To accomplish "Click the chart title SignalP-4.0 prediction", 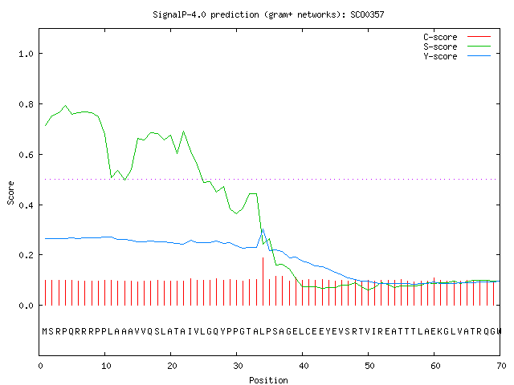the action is click(206, 14).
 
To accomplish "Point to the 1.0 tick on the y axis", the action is click(27, 54).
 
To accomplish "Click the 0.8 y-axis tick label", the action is click(27, 104).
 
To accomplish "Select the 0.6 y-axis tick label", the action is click(27, 155).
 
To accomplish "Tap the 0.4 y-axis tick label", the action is click(27, 205).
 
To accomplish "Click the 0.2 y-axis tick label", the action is click(27, 255).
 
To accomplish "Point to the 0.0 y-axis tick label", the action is click(27, 306).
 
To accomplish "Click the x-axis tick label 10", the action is click(106, 366).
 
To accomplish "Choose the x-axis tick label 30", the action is click(238, 366).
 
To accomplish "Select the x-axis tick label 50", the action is click(369, 366).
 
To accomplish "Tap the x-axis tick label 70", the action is click(501, 366).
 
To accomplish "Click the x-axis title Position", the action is click(268, 380).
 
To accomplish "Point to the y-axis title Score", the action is click(10, 192).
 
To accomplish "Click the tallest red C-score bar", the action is click(263, 282).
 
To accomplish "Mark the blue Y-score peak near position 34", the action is click(263, 229).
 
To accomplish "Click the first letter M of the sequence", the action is click(45, 331).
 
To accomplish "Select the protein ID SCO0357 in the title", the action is click(367, 14).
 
